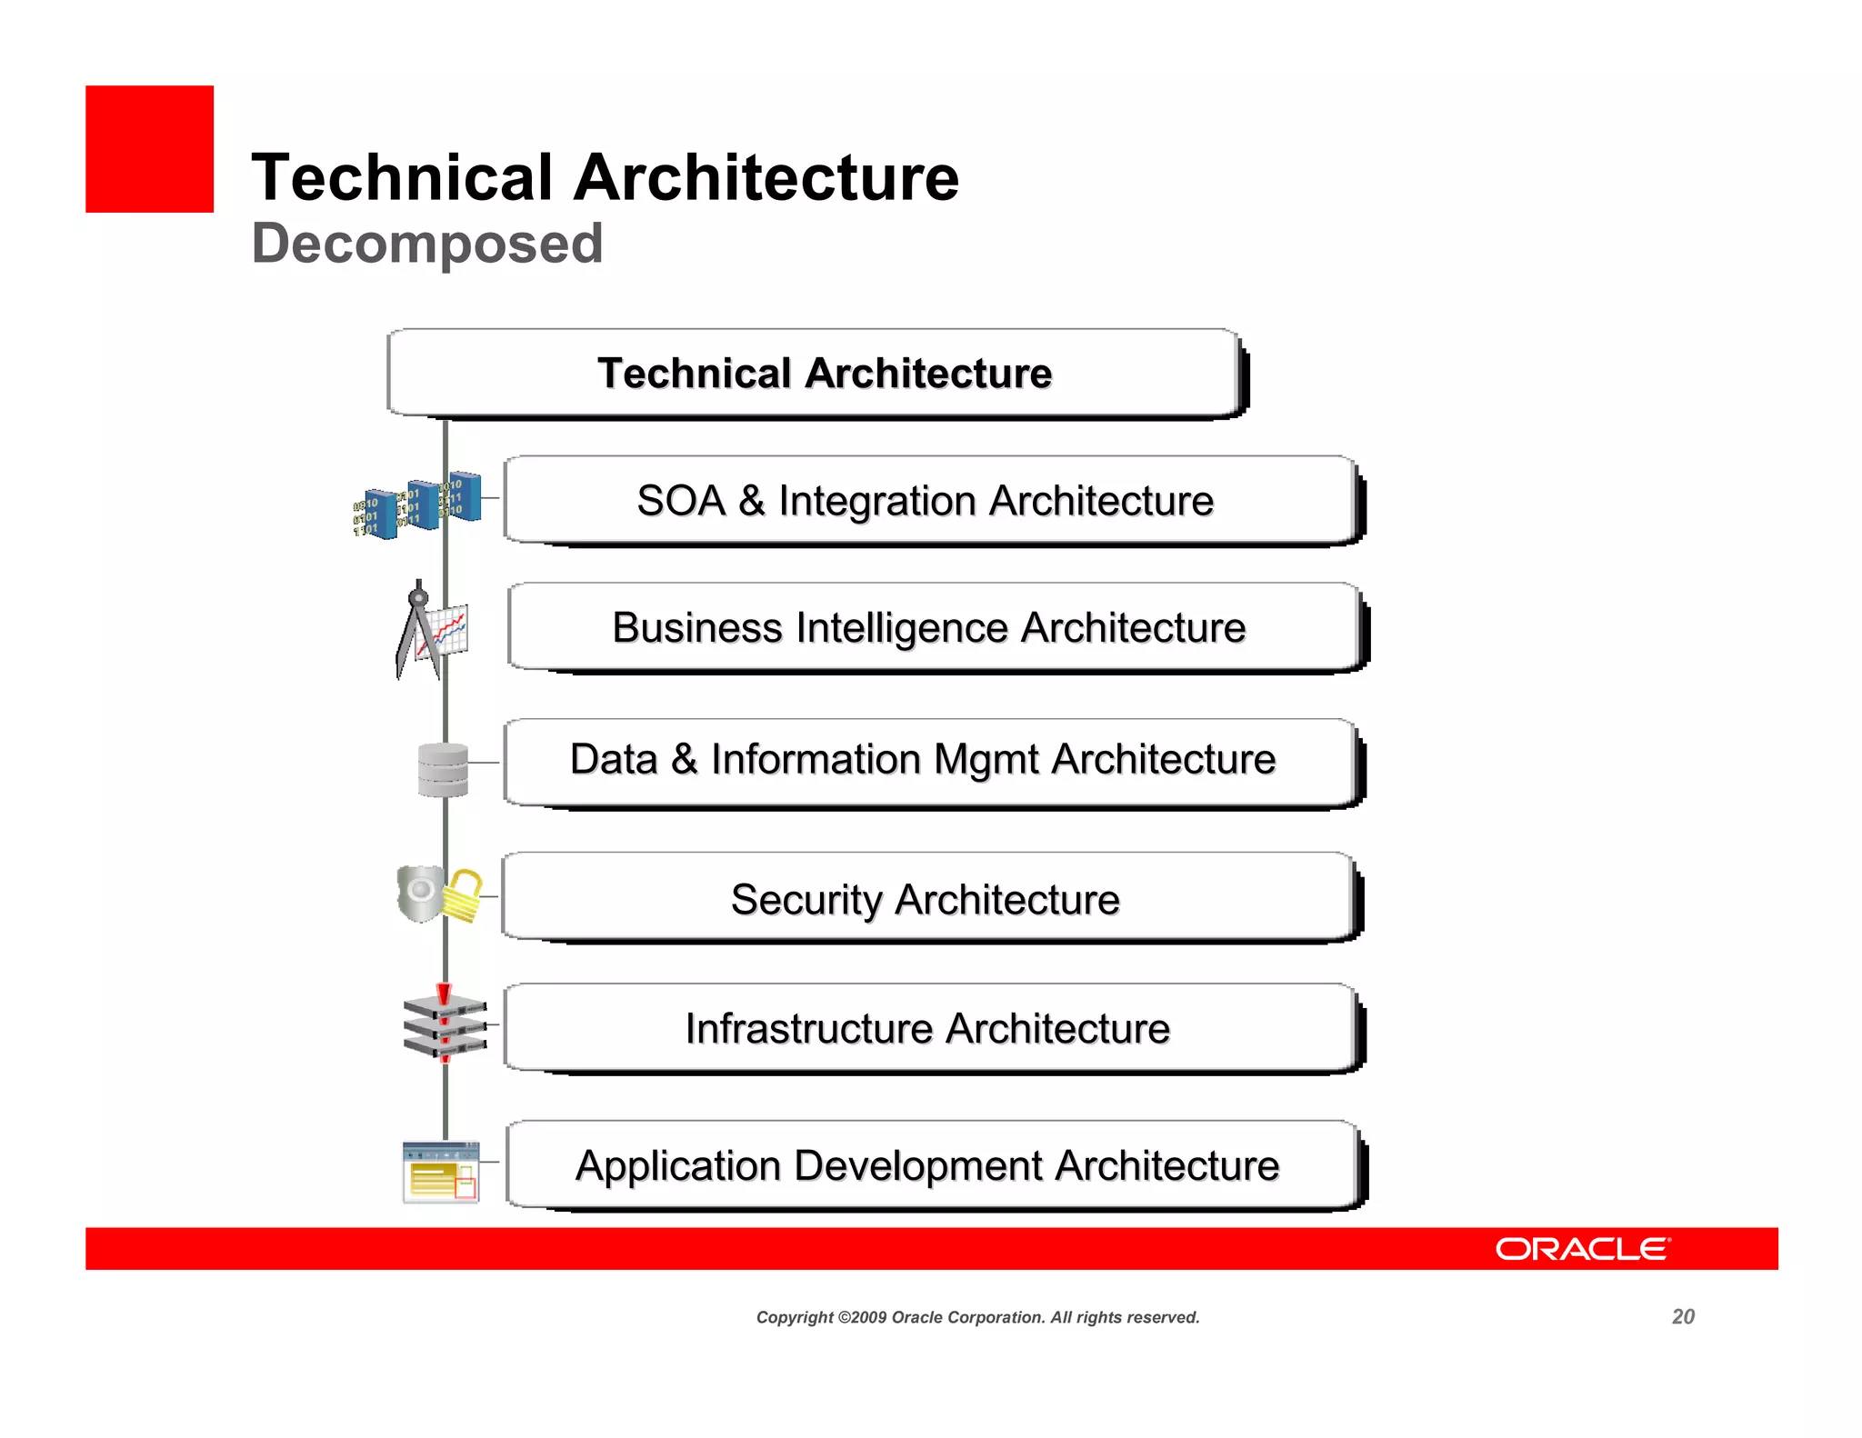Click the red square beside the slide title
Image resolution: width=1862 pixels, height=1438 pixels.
pos(149,149)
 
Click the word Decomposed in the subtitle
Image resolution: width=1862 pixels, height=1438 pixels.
pos(426,244)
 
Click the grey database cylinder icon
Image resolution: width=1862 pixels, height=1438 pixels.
pos(443,770)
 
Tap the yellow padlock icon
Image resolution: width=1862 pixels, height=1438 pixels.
pos(464,895)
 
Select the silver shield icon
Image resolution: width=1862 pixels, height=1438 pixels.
pos(419,893)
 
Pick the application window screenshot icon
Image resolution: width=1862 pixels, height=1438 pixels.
pos(441,1172)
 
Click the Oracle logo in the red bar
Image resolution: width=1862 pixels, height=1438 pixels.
pos(1582,1249)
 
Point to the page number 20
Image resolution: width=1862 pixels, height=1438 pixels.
pos(1683,1317)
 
